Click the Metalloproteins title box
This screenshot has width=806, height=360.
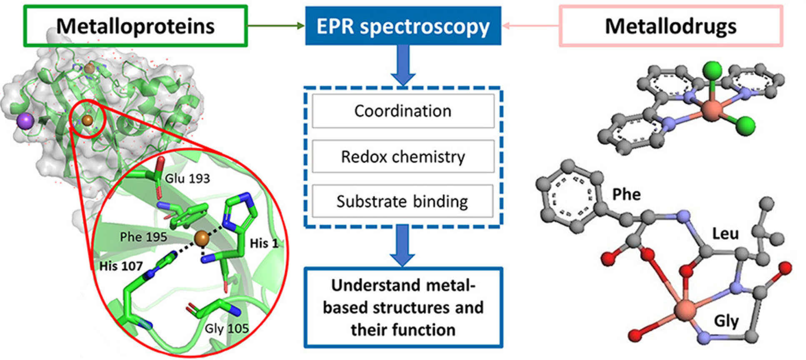click(135, 26)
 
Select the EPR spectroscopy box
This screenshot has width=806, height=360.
click(403, 26)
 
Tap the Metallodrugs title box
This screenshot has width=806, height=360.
click(670, 26)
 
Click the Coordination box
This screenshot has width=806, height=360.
click(403, 111)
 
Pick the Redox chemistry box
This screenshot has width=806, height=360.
click(403, 157)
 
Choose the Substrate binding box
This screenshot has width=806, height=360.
click(403, 201)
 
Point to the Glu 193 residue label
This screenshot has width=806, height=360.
click(188, 179)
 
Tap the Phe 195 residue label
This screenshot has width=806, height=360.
click(143, 237)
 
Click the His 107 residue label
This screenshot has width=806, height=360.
click(121, 266)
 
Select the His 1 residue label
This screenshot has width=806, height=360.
click(263, 244)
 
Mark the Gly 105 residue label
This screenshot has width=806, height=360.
click(226, 329)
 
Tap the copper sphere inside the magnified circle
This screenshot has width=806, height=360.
click(202, 239)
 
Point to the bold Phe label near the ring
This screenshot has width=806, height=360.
click(626, 194)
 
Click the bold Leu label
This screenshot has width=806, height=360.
click(725, 234)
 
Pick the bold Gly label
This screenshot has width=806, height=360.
click(726, 321)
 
